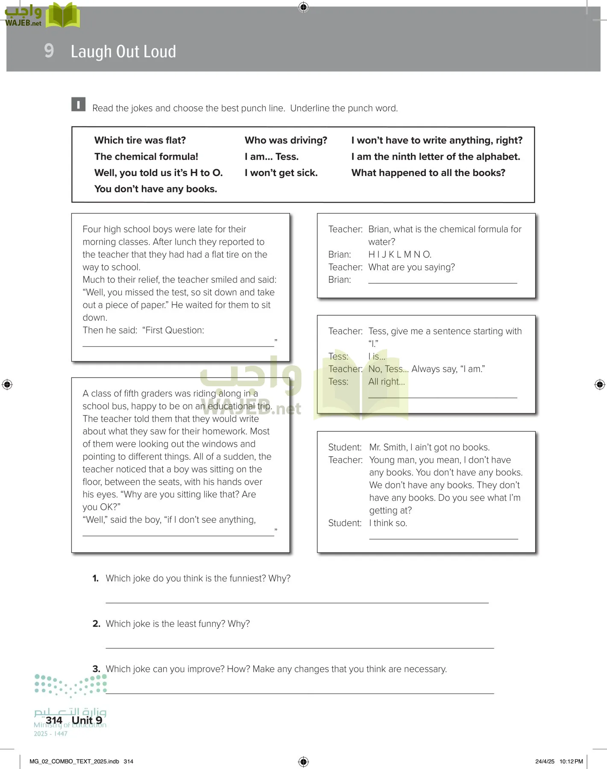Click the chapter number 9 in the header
click(x=49, y=51)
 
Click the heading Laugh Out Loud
click(x=123, y=52)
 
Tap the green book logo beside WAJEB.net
click(x=63, y=15)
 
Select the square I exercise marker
click(x=78, y=104)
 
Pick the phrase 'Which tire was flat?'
click(x=140, y=141)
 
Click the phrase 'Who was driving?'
click(x=286, y=141)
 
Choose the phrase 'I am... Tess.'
click(x=271, y=157)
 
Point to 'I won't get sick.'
click(x=281, y=173)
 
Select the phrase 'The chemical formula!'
click(x=146, y=157)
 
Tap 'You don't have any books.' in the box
click(x=155, y=189)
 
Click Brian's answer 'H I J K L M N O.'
click(x=399, y=255)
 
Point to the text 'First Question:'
click(x=175, y=330)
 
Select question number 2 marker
click(x=96, y=624)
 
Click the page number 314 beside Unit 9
click(x=54, y=720)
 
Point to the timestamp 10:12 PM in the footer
click(x=571, y=761)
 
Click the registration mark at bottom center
click(x=303, y=761)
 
